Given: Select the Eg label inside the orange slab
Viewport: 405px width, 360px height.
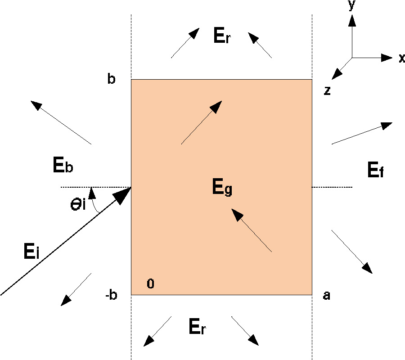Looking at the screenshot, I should [x=222, y=187].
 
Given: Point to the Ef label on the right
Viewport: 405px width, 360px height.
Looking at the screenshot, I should [x=375, y=171].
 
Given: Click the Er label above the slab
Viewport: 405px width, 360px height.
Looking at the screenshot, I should [x=222, y=37].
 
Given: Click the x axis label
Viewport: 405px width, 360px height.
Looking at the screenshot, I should [x=401, y=58].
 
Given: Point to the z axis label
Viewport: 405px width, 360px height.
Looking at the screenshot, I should [x=328, y=90].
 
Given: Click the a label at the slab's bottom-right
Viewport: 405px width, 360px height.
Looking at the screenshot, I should [x=327, y=296].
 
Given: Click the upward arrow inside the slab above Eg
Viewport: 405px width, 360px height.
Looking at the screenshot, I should [x=201, y=122].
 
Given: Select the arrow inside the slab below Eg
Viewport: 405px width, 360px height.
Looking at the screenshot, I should [x=252, y=229].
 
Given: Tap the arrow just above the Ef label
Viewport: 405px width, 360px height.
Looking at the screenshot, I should [x=362, y=133].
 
